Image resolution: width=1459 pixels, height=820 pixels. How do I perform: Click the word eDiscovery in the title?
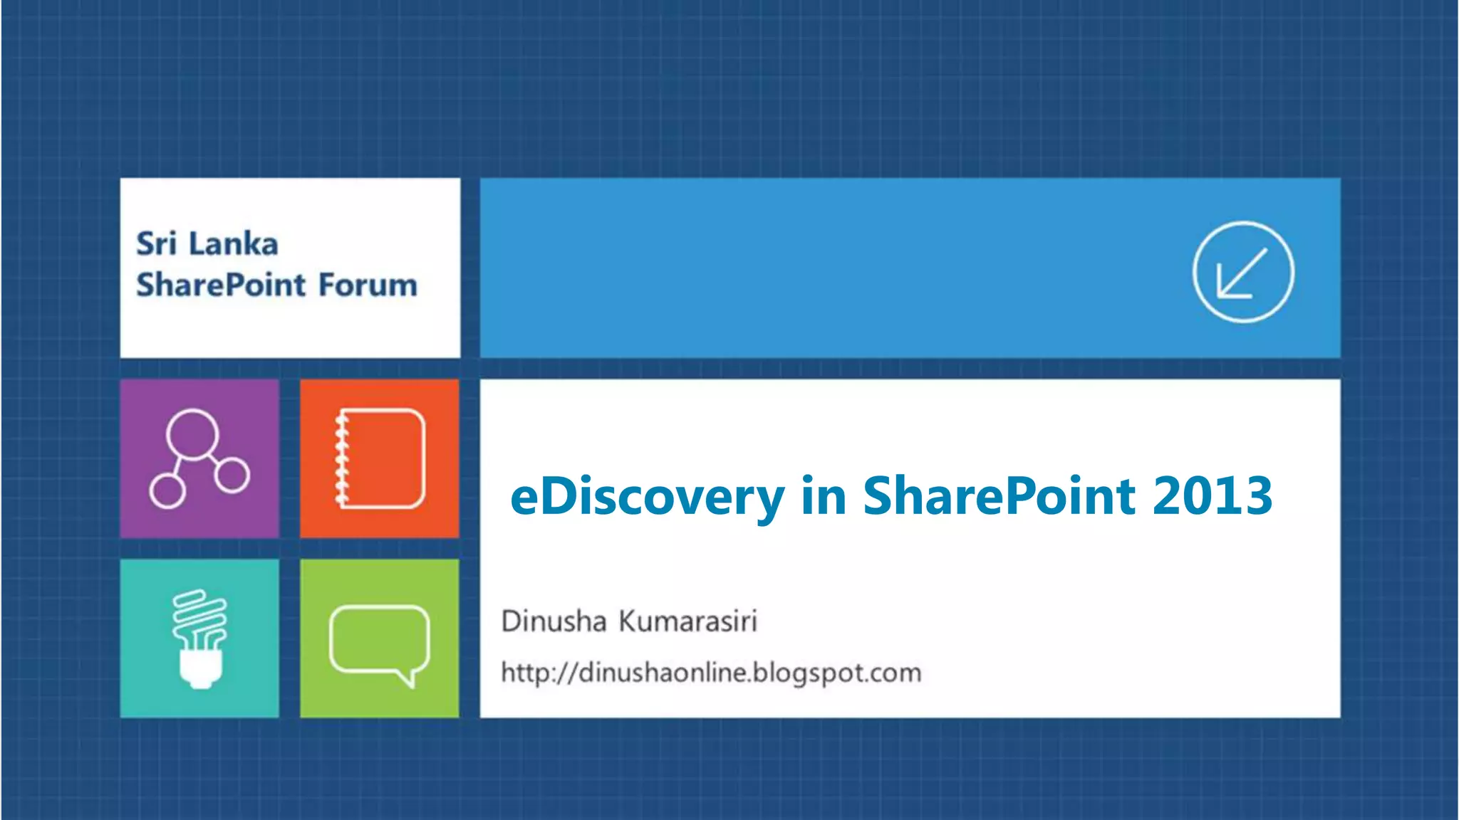coord(647,496)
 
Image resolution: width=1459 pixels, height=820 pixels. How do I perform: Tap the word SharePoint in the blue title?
coord(999,496)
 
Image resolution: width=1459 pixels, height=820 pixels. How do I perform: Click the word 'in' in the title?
coord(823,496)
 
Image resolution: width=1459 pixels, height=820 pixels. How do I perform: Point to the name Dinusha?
coord(554,621)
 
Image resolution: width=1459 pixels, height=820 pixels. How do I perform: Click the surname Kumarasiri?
coord(687,621)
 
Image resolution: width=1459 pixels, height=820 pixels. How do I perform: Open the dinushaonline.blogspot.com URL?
coord(711,673)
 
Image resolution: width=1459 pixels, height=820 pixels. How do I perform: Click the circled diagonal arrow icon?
coord(1243,272)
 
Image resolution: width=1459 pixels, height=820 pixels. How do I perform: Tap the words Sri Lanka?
coord(207,244)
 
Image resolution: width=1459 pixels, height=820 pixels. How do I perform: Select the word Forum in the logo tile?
coord(368,285)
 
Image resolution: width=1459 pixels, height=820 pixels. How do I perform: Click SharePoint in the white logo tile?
coord(221,285)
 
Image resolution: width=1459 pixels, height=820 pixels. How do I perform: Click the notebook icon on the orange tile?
coord(380,458)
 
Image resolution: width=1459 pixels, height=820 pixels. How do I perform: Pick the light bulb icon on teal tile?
coord(199,638)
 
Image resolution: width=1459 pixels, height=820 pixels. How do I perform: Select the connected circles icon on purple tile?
coord(199,458)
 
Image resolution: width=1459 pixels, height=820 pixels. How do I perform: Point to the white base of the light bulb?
coord(199,669)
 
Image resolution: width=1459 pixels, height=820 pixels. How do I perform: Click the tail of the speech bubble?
coord(407,678)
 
